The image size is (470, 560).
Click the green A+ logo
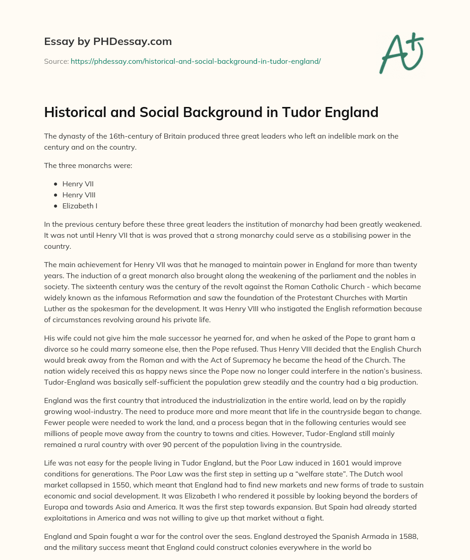click(x=401, y=53)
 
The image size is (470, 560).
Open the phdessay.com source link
click(x=196, y=61)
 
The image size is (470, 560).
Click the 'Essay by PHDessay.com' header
click(x=108, y=41)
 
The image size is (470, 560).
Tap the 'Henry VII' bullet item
click(x=78, y=184)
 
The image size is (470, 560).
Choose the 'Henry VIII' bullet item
click(x=79, y=195)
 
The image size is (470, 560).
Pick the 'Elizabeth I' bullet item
click(x=80, y=206)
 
